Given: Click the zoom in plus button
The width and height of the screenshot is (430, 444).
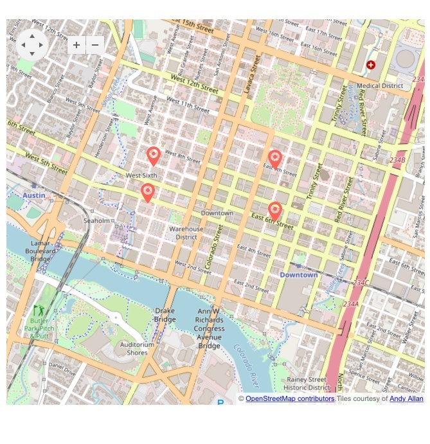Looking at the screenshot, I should pos(76,45).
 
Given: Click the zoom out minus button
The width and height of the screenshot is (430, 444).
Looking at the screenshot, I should pos(95,45).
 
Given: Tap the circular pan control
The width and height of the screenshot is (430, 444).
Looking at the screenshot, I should pos(32,45).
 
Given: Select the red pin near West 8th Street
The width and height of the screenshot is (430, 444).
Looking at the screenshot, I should pos(153,155).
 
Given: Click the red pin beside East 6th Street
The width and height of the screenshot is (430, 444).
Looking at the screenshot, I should pos(275,210).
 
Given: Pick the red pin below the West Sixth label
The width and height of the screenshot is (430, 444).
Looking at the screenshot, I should pos(148,192).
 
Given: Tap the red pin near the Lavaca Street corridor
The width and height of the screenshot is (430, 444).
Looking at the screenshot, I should pos(275,159).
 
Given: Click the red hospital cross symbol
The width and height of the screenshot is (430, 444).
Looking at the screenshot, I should pos(371,65).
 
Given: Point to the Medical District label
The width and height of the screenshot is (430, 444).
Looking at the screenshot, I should pos(380,85).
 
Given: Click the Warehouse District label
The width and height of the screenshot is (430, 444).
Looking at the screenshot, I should pos(186,233).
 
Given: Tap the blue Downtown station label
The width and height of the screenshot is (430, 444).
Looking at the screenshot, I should pos(298,275).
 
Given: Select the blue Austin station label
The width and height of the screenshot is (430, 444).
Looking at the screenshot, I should pos(33,195).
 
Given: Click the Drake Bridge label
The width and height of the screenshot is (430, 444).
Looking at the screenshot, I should pos(165,315).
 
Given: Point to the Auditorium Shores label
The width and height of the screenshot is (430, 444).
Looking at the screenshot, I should pos(138,348).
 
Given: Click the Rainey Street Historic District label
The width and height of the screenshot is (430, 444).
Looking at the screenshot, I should pos(307,384).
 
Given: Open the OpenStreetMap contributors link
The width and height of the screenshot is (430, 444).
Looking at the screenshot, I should pos(290,399).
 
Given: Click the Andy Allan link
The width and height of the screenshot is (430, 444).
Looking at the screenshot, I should pos(406,399).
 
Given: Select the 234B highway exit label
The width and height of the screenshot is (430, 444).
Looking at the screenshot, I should pos(397,160).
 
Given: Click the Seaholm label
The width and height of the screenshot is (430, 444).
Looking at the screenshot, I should pos(96,220).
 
